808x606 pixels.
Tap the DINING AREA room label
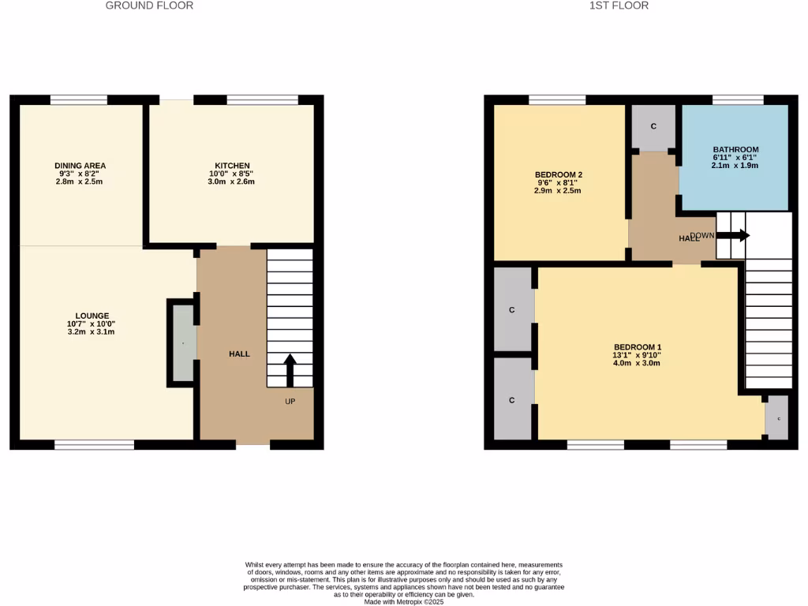coord(80,166)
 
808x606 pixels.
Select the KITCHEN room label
coord(231,166)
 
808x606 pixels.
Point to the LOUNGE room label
coord(92,316)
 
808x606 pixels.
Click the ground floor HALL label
coord(239,353)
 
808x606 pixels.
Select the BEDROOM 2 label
coord(558,174)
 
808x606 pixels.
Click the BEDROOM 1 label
coord(638,347)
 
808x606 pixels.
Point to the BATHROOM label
coord(735,149)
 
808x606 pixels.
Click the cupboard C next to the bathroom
coord(653,127)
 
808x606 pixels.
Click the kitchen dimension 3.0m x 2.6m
coord(231,181)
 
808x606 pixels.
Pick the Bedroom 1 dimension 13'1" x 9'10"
coord(638,356)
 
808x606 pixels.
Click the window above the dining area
coord(78,99)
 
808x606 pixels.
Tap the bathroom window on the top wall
coord(738,99)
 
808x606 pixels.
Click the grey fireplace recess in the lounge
coord(182,343)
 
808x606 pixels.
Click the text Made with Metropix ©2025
coord(404,601)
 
